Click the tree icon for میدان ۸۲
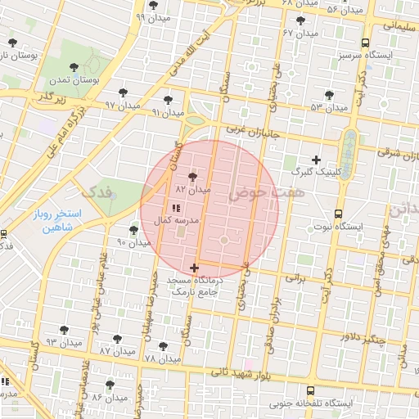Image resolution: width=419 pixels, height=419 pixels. [193, 176]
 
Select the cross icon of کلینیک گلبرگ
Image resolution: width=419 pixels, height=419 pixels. [317, 159]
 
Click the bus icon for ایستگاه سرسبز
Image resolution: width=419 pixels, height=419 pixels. [364, 43]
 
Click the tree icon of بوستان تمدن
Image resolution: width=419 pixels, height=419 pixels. [74, 67]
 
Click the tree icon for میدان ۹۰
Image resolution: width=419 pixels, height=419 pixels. [134, 230]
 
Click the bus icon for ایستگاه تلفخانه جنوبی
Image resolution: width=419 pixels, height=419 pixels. [310, 391]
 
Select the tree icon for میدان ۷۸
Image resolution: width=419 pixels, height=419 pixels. [163, 346]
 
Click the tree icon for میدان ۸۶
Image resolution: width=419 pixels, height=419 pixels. [110, 384]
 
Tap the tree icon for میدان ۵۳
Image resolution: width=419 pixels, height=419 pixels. [329, 95]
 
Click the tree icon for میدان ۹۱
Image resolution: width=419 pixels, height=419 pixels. [168, 100]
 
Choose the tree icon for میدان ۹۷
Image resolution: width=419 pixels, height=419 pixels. [123, 92]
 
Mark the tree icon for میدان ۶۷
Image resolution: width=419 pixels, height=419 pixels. [301, 20]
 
